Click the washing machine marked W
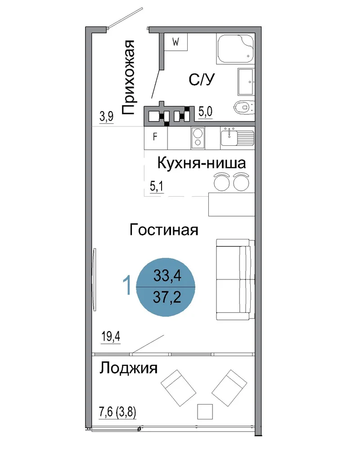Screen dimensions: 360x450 (x=175, y=42)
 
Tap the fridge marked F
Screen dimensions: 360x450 (x=156, y=138)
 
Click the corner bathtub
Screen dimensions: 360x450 (x=236, y=49)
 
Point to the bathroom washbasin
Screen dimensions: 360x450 (x=246, y=82)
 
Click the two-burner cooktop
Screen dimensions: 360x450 (x=198, y=138)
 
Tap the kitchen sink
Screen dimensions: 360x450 (x=238, y=137)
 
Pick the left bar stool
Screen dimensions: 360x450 (x=221, y=182)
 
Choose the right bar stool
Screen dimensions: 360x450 (x=241, y=182)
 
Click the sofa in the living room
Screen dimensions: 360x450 (x=235, y=279)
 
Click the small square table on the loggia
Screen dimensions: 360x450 (x=205, y=412)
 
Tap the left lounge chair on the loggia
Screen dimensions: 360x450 (x=179, y=388)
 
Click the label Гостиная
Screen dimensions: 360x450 (x=164, y=230)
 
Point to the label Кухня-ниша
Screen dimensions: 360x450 (x=202, y=163)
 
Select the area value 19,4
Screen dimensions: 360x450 (x=111, y=336)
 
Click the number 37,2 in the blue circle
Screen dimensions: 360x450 (x=167, y=297)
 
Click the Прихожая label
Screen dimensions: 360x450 (x=128, y=77)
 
